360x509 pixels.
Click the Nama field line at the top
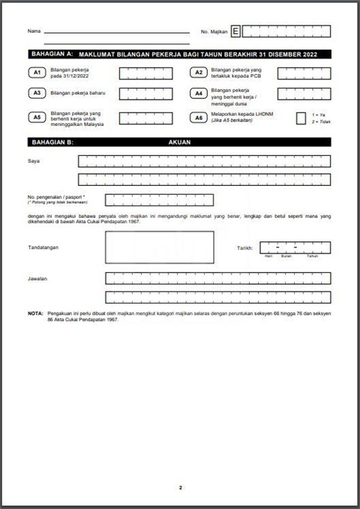116,32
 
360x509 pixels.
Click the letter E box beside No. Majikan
236,31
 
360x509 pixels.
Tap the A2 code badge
198,73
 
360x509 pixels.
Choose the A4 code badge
198,94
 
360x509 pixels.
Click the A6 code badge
198,118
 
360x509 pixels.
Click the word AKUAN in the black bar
180,141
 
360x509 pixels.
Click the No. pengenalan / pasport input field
160,199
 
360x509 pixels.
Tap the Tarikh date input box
295,247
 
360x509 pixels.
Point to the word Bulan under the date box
286,256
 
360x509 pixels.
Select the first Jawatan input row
217,278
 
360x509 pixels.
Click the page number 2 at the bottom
180,488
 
